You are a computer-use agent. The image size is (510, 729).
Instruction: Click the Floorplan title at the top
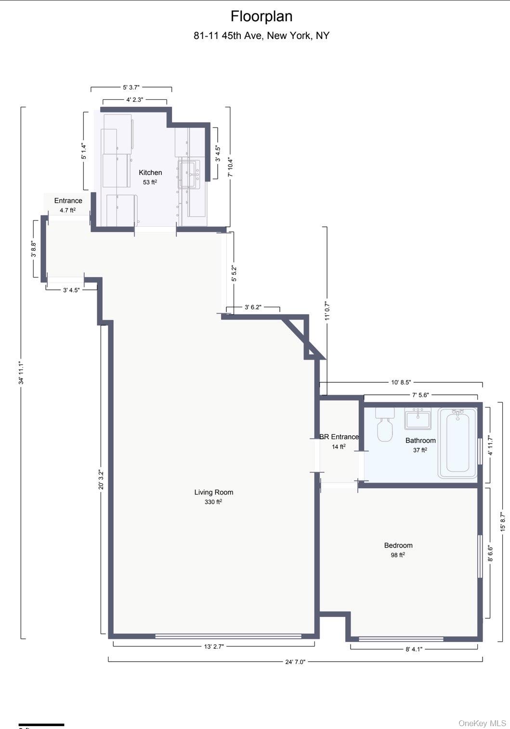[x=261, y=16]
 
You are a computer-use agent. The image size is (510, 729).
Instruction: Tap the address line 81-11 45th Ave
[x=262, y=36]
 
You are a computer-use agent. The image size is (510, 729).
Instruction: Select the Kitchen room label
[x=150, y=172]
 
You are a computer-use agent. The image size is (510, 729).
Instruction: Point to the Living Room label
[x=213, y=492]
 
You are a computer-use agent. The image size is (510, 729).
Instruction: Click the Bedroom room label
[x=398, y=546]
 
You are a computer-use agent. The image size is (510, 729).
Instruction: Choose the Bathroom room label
[x=420, y=441]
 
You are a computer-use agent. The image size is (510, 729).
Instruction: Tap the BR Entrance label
[x=339, y=437]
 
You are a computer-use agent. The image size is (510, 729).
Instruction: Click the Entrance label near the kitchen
[x=68, y=201]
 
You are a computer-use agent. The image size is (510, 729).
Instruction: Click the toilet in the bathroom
[x=385, y=425]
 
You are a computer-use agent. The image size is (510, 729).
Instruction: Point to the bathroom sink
[x=418, y=419]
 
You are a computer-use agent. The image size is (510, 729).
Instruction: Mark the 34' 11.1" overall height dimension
[x=21, y=373]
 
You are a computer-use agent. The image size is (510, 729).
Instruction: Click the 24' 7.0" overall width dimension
[x=295, y=662]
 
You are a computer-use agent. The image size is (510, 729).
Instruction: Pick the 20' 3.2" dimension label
[x=101, y=479]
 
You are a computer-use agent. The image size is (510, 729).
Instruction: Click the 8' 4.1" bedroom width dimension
[x=413, y=649]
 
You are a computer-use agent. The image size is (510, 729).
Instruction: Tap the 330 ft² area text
[x=213, y=502]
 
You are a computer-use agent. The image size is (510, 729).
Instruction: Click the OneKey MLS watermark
[x=482, y=723]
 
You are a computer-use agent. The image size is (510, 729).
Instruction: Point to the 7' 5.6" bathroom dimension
[x=420, y=395]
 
